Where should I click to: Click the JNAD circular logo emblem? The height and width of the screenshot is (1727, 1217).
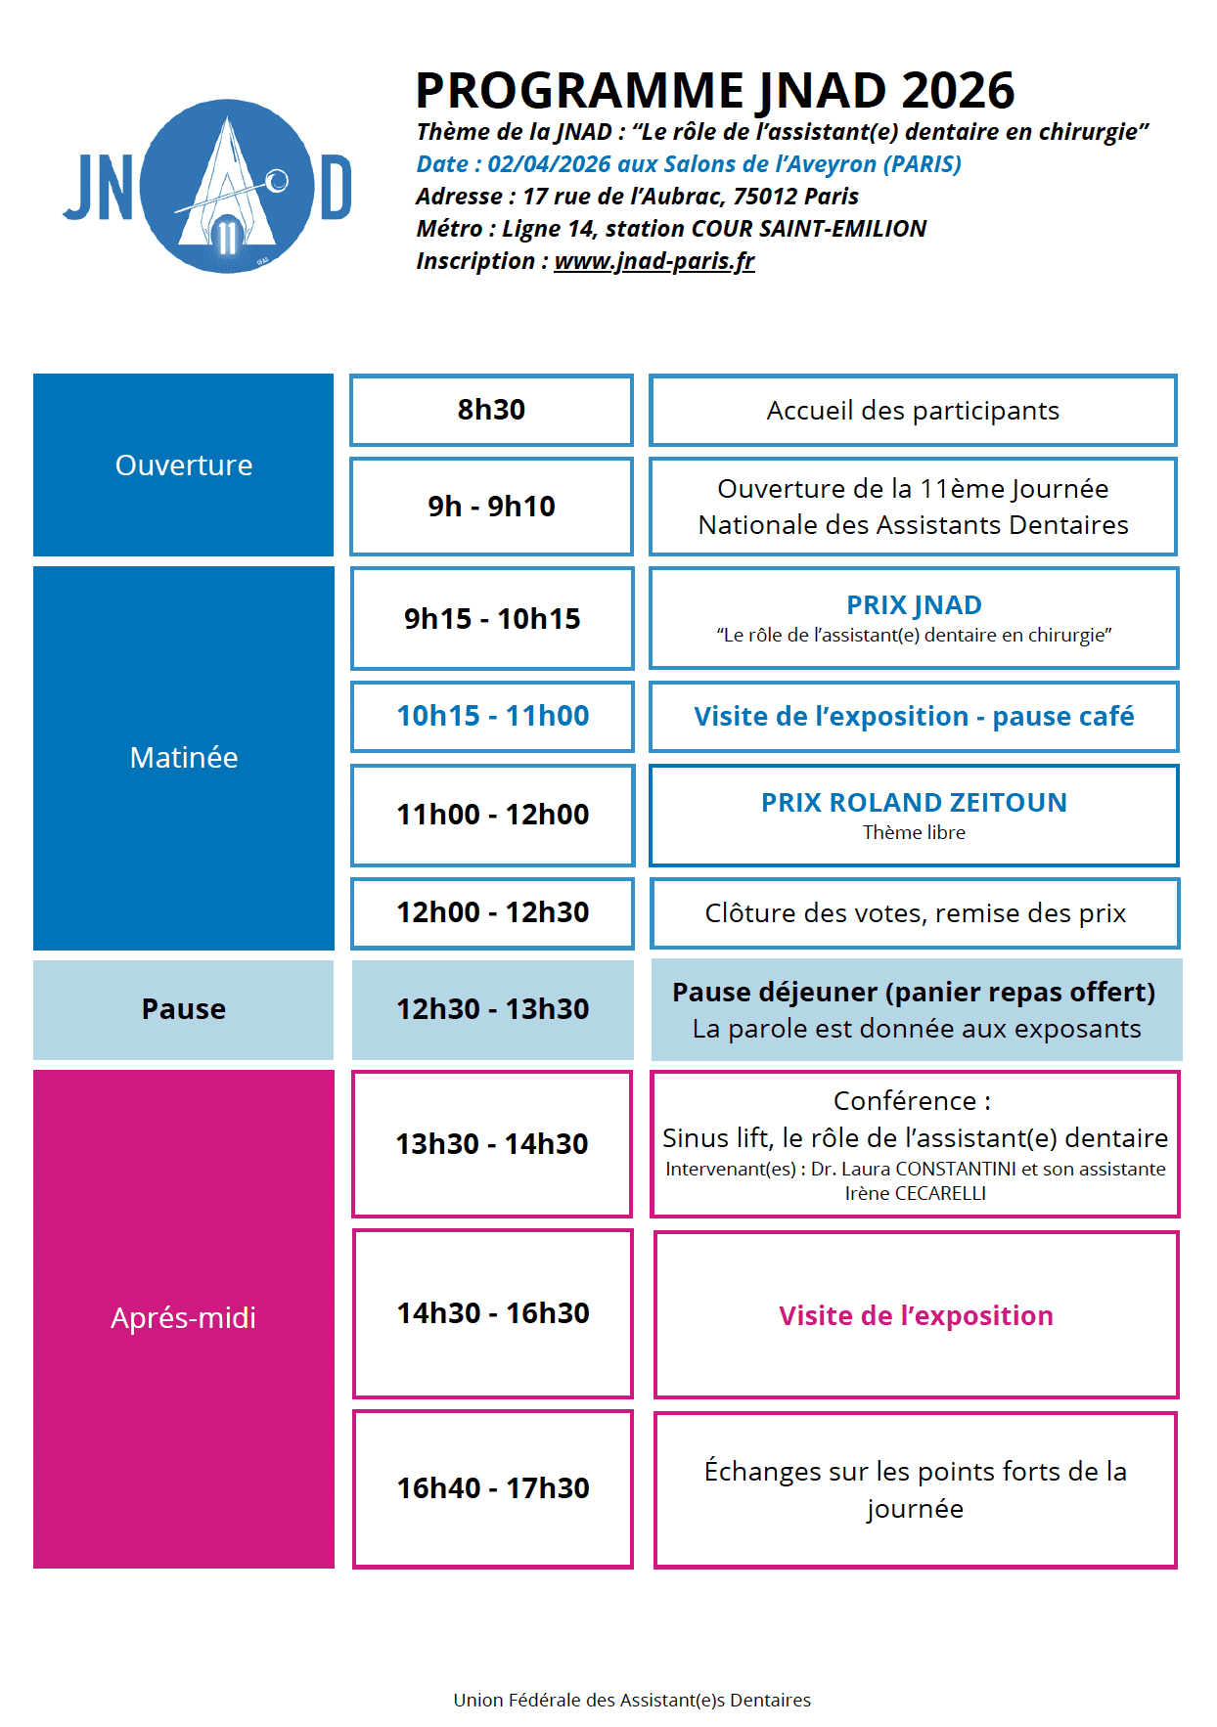[x=227, y=186]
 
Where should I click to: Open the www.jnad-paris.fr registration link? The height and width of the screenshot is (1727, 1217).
[x=654, y=261]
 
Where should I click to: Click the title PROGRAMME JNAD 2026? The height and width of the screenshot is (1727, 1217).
[x=715, y=90]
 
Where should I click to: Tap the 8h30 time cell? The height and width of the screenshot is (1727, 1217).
[x=491, y=410]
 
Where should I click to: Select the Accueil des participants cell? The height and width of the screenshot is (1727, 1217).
[x=912, y=411]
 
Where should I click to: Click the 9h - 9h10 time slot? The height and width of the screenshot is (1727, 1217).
[x=491, y=507]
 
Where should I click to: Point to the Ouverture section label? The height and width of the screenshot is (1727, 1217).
[x=184, y=465]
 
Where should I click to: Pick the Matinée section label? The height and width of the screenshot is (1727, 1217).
[x=184, y=758]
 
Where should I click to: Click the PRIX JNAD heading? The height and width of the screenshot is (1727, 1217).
[x=914, y=605]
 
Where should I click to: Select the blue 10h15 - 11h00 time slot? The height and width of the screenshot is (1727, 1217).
[x=492, y=716]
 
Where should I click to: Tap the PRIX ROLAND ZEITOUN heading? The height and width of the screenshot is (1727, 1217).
[x=914, y=803]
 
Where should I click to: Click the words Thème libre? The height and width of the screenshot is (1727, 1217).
[x=914, y=832]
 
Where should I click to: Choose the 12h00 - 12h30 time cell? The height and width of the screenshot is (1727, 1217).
[x=492, y=912]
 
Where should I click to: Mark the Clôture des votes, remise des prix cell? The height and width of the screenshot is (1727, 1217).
[x=915, y=913]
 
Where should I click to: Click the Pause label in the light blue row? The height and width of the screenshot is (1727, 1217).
[x=184, y=1009]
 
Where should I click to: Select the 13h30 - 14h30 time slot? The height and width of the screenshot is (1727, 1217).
[x=492, y=1144]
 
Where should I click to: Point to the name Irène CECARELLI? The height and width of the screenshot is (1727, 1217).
[x=915, y=1193]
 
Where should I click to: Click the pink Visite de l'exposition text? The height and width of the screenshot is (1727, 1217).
[x=916, y=1316]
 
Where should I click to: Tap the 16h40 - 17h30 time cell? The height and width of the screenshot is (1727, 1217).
[x=492, y=1488]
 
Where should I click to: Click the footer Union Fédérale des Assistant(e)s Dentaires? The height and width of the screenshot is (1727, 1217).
[x=632, y=1700]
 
